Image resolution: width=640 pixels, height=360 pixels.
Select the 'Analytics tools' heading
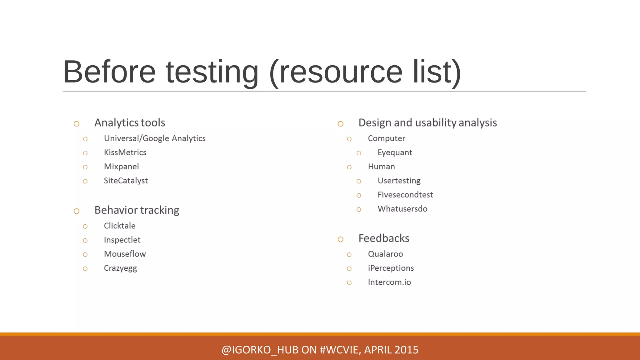tap(130, 123)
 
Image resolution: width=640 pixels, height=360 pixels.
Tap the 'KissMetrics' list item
tap(125, 152)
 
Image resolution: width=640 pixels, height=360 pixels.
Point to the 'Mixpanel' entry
tap(121, 167)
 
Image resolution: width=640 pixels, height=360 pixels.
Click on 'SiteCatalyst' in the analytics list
tap(126, 181)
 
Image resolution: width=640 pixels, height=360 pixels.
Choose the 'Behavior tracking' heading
tap(137, 210)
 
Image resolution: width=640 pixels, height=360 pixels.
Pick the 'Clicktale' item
tap(119, 226)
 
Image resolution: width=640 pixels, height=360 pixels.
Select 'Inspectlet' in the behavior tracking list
tap(122, 240)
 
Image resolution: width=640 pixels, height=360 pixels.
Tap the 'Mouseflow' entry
tap(125, 254)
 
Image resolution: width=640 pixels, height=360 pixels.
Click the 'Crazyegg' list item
tap(120, 268)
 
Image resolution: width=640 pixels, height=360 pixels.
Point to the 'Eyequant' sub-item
tap(395, 153)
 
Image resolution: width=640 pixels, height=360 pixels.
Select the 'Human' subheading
tap(381, 167)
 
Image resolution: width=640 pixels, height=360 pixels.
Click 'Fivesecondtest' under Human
tap(405, 195)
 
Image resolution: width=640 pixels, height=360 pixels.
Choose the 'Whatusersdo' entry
tap(402, 209)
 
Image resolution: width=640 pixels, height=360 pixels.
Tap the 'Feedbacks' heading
tap(384, 238)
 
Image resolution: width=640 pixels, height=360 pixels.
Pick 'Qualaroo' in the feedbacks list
tap(385, 254)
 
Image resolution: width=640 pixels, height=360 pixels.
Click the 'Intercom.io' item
tap(389, 282)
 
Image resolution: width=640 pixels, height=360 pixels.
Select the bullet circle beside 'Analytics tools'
tap(77, 124)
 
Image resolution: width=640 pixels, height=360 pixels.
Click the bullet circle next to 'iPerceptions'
tap(349, 269)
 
